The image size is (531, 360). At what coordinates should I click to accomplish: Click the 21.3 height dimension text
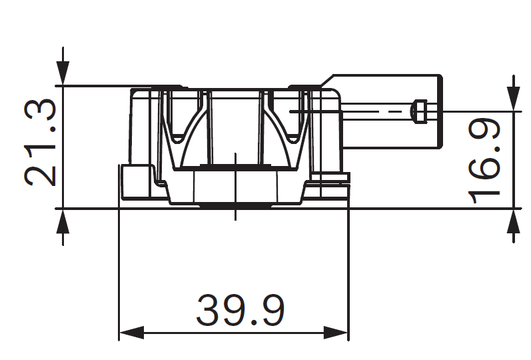pyautogui.click(x=40, y=144)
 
